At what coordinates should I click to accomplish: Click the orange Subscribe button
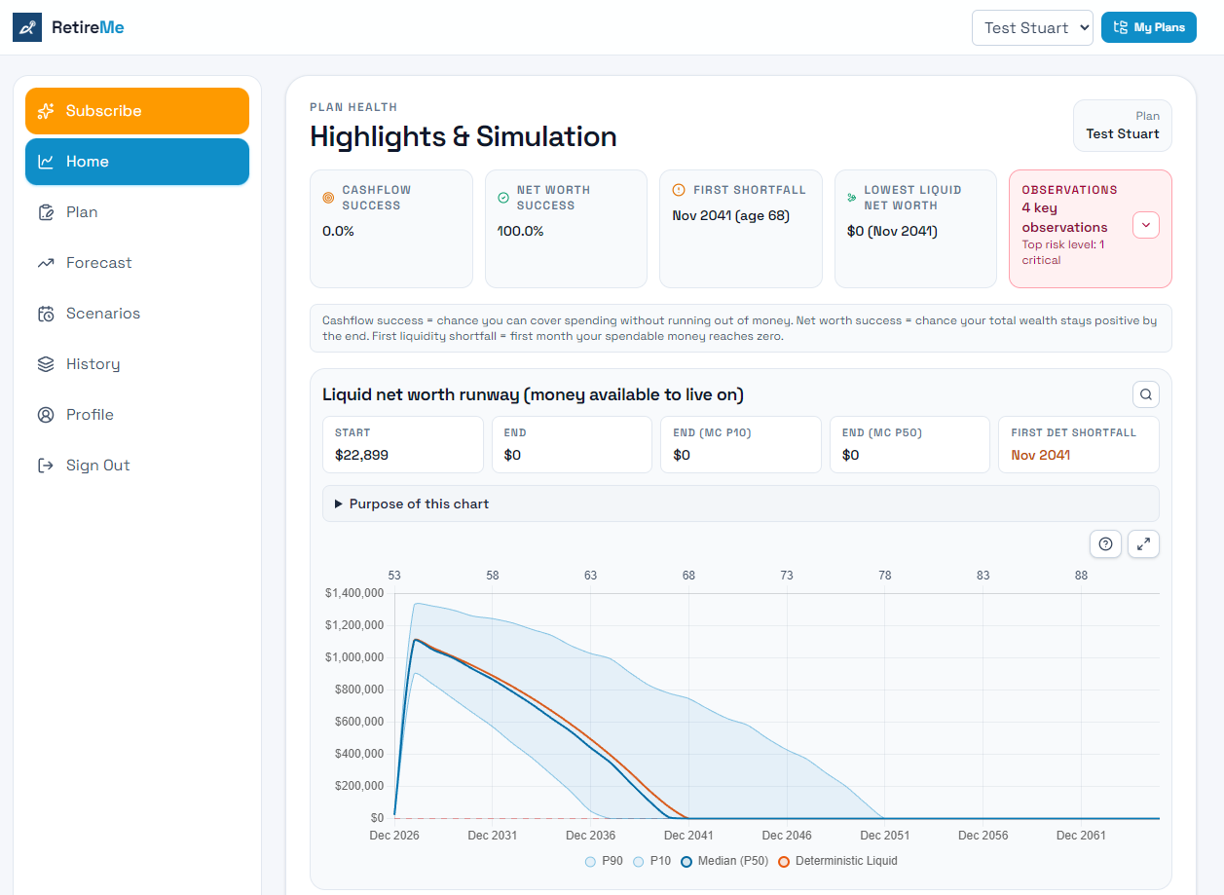coord(136,111)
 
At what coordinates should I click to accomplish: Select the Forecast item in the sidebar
coord(98,263)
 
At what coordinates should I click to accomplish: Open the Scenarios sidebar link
coord(102,314)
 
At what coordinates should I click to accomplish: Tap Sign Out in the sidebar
coord(97,466)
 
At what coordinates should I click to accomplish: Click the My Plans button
coord(1148,27)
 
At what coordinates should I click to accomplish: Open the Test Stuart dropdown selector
coord(1032,27)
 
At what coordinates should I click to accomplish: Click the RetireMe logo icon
coord(27,27)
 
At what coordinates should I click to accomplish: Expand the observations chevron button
coord(1145,225)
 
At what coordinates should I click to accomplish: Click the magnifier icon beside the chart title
coord(1145,394)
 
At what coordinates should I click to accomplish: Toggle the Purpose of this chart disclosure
coord(419,503)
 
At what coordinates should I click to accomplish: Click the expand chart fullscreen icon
coord(1143,544)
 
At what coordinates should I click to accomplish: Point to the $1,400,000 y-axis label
coord(354,593)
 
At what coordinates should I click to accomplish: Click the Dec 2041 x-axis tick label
coord(688,836)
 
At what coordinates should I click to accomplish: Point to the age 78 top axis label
coord(884,576)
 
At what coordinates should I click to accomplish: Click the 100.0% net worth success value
coord(520,232)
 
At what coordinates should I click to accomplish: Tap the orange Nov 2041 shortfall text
coord(1040,455)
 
